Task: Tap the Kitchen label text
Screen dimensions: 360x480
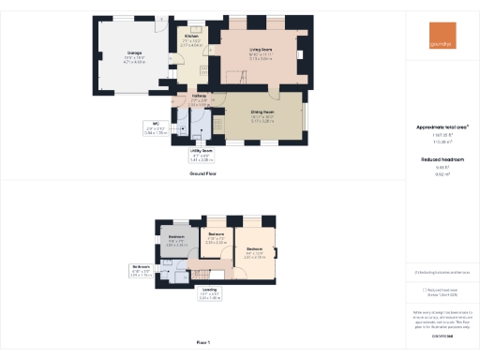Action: (191, 39)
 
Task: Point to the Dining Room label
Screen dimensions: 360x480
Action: (262, 117)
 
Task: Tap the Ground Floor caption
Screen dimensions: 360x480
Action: (204, 174)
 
